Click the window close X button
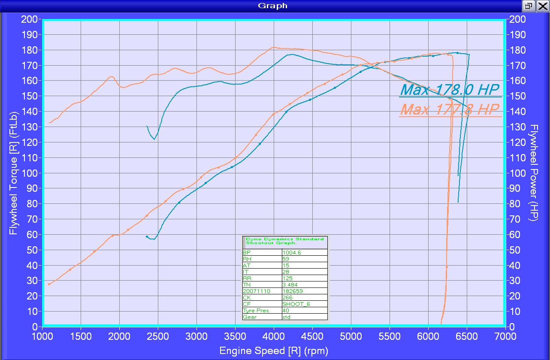[542, 6]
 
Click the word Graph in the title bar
[272, 6]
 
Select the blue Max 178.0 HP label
[450, 89]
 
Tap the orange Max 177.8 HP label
[450, 109]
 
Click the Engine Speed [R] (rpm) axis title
[274, 351]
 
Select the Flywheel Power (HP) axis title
[534, 173]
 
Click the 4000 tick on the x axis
[274, 335]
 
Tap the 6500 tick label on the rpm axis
[467, 335]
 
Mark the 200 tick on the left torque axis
[31, 19]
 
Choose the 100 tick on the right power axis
[517, 173]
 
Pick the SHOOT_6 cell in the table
[296, 304]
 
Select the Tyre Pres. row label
[256, 311]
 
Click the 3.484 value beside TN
[290, 285]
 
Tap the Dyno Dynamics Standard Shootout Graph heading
[285, 241]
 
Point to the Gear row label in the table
[250, 317]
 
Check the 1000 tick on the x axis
[42, 335]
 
